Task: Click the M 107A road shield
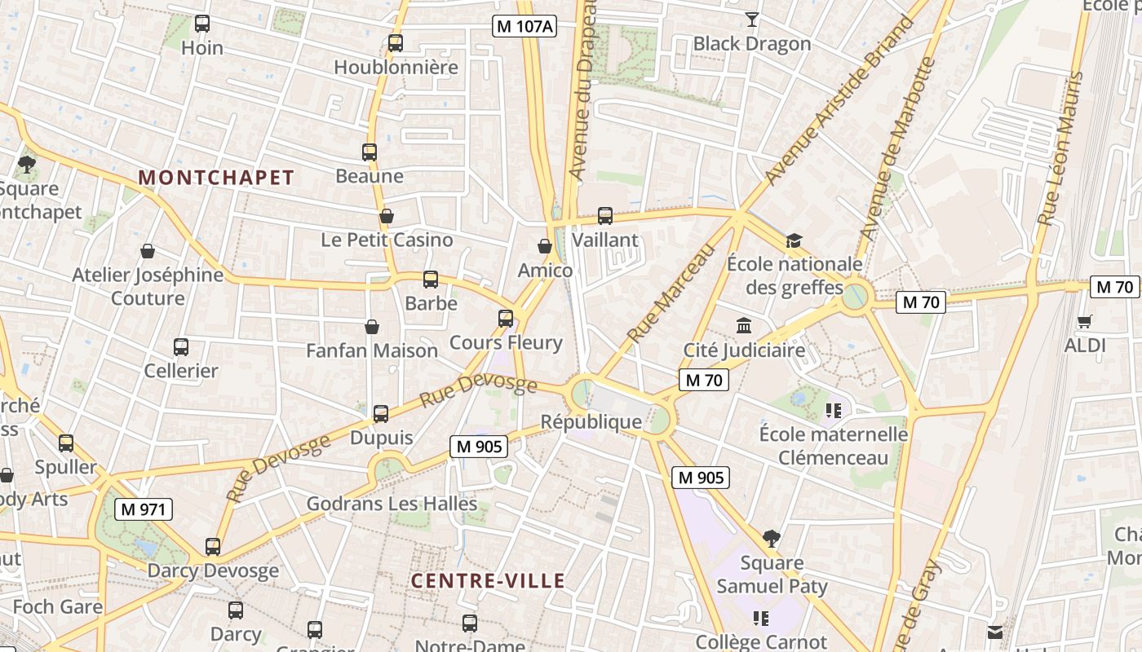point(525,26)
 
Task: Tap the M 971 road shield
point(144,510)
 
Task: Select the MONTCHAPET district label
point(216,178)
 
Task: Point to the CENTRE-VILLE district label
point(488,581)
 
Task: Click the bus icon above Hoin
point(202,24)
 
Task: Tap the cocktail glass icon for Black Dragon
point(752,20)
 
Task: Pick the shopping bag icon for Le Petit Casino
point(387,216)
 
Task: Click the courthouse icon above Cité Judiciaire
point(744,326)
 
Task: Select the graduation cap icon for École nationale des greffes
point(794,240)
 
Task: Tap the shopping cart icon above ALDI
point(1084,321)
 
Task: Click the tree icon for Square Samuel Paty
point(772,538)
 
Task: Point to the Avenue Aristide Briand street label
point(840,102)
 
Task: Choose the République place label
point(591,422)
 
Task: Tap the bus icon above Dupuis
point(381,413)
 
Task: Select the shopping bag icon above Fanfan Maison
point(372,327)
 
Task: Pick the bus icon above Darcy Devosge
point(213,546)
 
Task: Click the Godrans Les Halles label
point(392,504)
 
